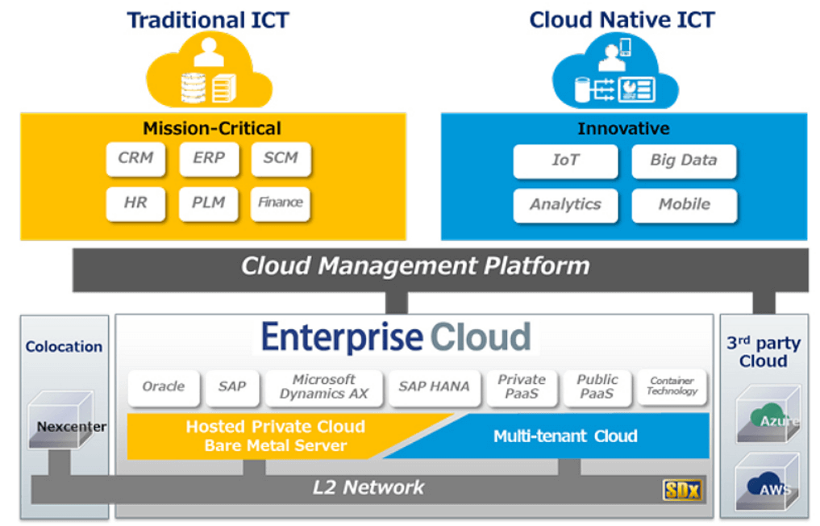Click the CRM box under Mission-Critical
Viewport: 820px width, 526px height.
(135, 159)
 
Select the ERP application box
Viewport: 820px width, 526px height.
(209, 159)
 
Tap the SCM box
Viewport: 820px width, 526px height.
(281, 159)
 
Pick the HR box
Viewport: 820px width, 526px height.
(135, 203)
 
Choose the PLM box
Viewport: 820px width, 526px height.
(209, 203)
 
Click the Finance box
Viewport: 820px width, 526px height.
(281, 203)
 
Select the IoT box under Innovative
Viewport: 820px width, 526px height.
(565, 161)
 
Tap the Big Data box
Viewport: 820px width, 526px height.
(684, 161)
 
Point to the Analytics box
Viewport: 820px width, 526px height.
(565, 205)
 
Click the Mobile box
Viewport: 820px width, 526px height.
(684, 205)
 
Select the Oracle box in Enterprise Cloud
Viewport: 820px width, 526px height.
(164, 387)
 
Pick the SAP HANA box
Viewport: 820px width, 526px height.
(434, 387)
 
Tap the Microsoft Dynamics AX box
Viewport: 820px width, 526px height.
(323, 387)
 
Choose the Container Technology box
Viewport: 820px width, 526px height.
(672, 387)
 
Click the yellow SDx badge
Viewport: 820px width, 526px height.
(682, 489)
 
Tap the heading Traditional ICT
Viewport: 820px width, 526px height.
(208, 20)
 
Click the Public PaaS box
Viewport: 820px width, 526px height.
(597, 387)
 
